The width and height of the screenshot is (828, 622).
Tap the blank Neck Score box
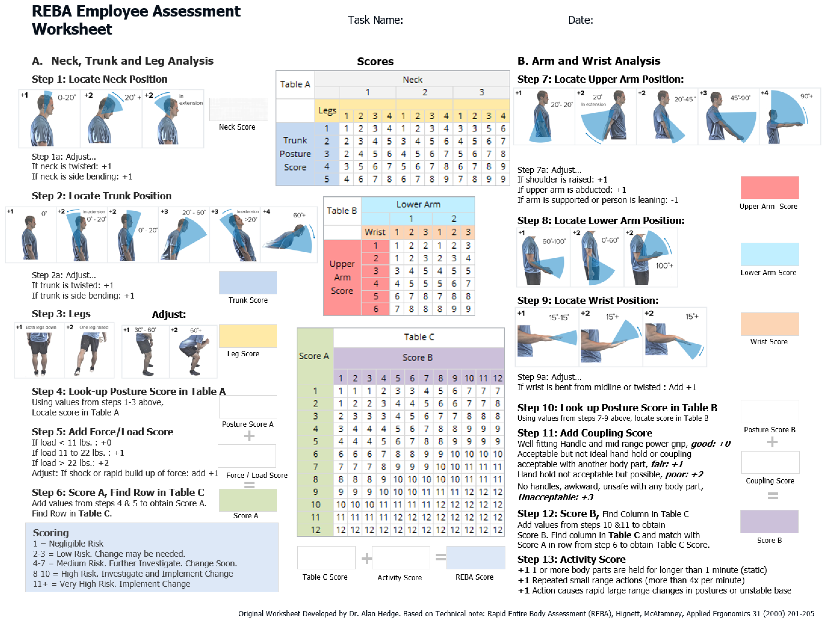click(238, 109)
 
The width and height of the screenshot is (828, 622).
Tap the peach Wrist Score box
click(769, 324)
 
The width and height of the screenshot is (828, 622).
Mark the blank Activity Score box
click(401, 557)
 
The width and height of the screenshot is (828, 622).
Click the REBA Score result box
click(475, 557)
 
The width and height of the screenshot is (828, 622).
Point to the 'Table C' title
click(419, 337)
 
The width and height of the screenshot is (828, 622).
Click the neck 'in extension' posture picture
click(173, 119)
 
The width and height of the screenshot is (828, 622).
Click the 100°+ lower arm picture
click(650, 258)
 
